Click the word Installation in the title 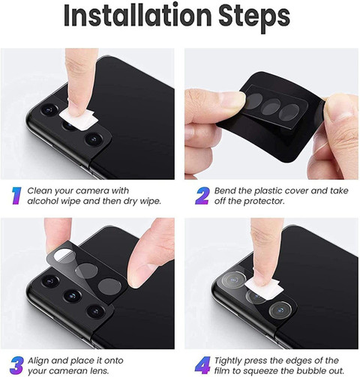[x=138, y=16]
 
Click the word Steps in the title [x=254, y=17]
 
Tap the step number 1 [x=16, y=196]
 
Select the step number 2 [x=202, y=196]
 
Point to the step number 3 [x=17, y=366]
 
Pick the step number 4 [x=202, y=366]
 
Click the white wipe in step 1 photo [x=79, y=120]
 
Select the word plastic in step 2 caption [x=268, y=191]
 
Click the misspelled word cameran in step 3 [x=67, y=371]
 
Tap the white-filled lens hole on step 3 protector [x=64, y=256]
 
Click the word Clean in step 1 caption [x=40, y=191]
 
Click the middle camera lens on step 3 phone [x=73, y=296]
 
